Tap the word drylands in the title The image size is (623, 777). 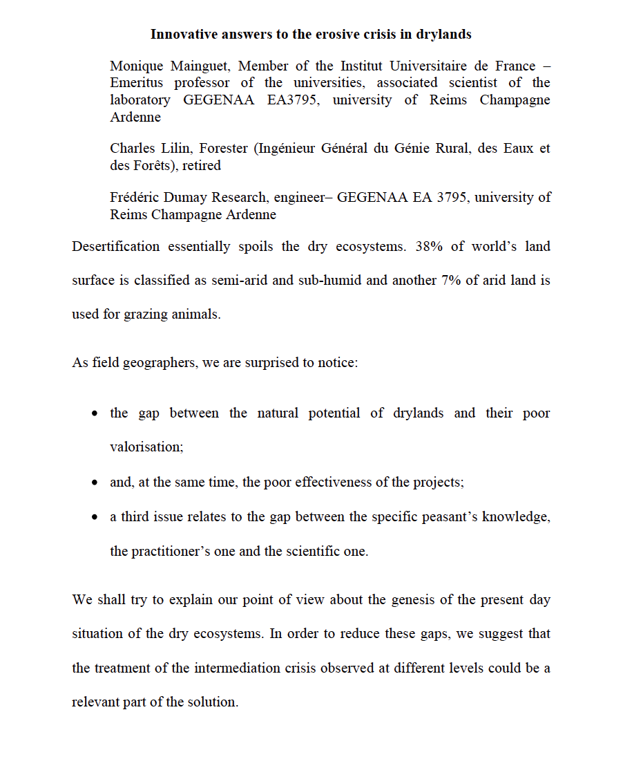[443, 34]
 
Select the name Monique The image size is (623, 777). [137, 66]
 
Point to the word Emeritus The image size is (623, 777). [137, 83]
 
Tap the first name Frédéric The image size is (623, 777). [137, 198]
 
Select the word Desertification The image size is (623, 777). [115, 247]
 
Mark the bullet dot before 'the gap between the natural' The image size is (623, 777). [95, 413]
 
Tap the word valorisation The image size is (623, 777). [146, 447]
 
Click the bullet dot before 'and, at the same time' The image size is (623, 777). [95, 483]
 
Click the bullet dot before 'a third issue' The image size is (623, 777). [95, 517]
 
